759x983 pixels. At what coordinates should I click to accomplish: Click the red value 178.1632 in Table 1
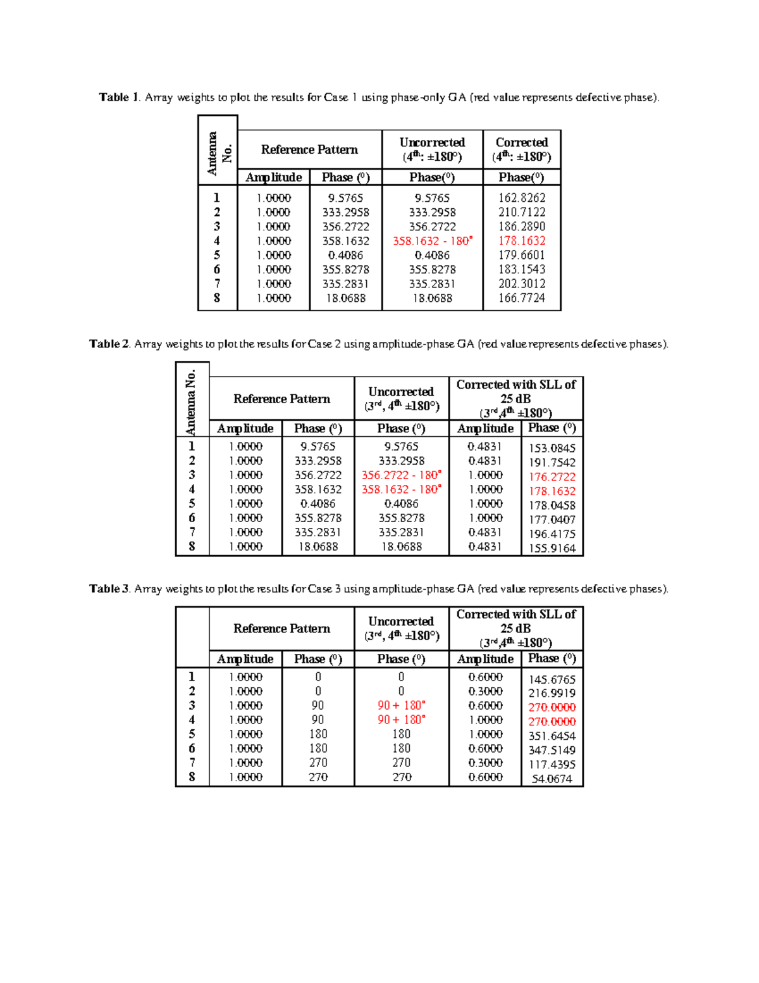[x=521, y=241]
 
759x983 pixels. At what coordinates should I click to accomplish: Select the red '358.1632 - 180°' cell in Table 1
[x=432, y=241]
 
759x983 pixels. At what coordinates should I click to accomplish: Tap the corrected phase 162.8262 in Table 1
[x=521, y=197]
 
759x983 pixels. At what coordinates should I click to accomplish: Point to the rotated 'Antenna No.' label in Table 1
[x=218, y=153]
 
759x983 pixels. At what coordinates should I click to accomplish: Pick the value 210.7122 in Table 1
[x=521, y=212]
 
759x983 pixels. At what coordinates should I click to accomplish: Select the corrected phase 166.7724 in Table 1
[x=521, y=297]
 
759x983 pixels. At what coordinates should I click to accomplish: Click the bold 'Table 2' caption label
[x=109, y=344]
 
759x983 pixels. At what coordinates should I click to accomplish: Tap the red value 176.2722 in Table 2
[x=552, y=477]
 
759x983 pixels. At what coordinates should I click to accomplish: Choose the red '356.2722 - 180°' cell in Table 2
[x=401, y=475]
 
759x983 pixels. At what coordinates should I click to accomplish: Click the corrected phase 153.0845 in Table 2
[x=552, y=448]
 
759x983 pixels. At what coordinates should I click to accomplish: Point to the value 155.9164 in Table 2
[x=552, y=548]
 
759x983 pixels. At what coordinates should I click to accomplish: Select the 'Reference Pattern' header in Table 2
[x=281, y=399]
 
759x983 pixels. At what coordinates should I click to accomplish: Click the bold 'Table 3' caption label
[x=109, y=589]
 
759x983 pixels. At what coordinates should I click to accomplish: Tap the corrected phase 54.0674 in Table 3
[x=552, y=779]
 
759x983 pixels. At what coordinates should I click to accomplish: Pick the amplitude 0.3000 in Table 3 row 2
[x=485, y=691]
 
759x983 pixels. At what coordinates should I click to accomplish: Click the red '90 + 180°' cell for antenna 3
[x=401, y=705]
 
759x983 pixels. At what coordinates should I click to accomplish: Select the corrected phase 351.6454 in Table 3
[x=552, y=736]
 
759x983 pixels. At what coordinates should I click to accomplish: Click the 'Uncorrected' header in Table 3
[x=401, y=622]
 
